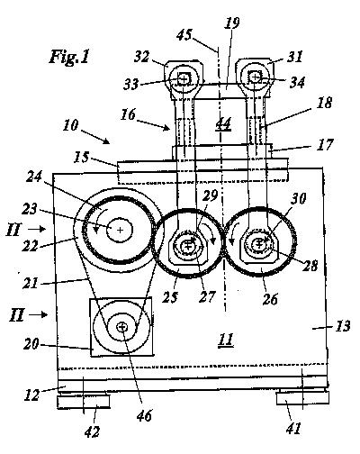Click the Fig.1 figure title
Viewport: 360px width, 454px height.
point(69,56)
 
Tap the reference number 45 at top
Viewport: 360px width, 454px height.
point(184,35)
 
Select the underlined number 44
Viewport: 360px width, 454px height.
point(223,123)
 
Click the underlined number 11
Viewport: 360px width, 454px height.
point(226,340)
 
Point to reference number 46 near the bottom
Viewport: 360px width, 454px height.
point(144,415)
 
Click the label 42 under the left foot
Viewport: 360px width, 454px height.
point(92,431)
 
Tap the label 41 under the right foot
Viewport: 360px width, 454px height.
point(293,428)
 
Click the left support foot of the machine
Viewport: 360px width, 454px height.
point(84,402)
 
